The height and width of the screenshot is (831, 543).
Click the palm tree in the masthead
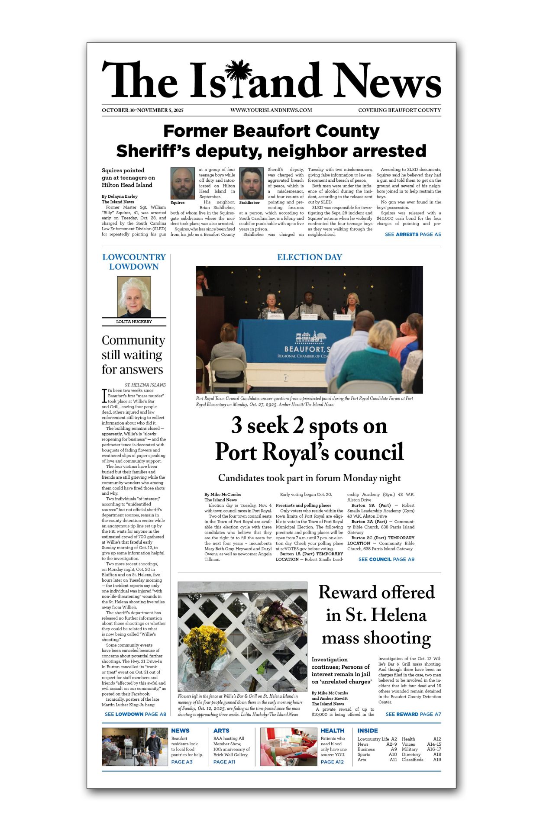[238, 78]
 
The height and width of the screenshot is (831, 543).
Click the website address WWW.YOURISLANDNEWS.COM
[271, 110]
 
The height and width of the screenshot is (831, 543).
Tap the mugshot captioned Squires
[182, 183]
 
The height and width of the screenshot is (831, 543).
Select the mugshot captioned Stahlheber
[251, 183]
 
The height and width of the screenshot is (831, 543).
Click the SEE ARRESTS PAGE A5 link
[413, 235]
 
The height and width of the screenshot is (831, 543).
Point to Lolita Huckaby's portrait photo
[134, 297]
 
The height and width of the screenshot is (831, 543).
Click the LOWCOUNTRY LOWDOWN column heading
[134, 262]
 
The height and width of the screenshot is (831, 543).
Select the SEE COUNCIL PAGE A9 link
[386, 559]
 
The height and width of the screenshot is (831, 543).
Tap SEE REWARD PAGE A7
[413, 714]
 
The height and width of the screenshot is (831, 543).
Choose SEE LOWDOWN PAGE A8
[135, 714]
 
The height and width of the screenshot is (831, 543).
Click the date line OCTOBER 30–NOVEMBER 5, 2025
[142, 110]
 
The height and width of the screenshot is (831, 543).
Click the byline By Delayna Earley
[120, 196]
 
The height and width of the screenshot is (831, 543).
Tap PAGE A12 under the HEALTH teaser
[332, 762]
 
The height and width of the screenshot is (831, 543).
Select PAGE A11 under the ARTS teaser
[224, 762]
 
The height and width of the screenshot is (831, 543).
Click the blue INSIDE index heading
[368, 731]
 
